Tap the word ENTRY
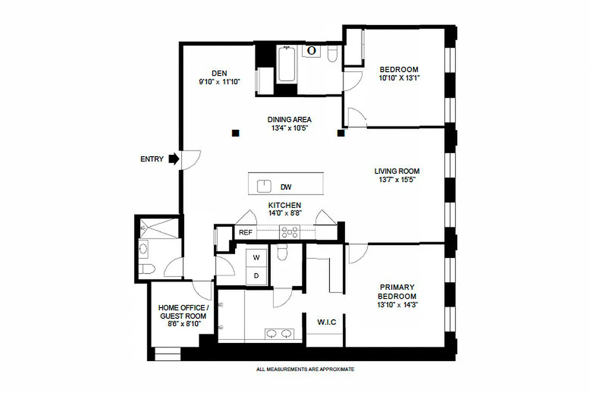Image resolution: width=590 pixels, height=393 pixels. tap(152, 159)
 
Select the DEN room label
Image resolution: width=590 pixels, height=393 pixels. tap(219, 73)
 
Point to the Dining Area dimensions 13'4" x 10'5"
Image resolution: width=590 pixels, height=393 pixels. tap(290, 128)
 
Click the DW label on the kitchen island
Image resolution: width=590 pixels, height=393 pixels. tap(286, 187)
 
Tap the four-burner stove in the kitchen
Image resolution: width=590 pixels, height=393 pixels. tap(290, 232)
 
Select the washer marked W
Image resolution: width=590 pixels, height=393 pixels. tap(256, 257)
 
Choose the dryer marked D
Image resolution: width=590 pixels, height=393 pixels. tap(256, 276)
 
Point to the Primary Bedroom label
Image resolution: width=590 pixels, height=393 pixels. tap(397, 291)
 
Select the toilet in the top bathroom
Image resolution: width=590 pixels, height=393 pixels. tap(332, 55)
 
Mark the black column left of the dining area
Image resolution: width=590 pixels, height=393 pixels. tap(236, 133)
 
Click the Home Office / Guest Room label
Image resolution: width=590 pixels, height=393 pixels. tap(182, 312)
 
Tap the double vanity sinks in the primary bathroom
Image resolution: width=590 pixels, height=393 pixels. tap(278, 334)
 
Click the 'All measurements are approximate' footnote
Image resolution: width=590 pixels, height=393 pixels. tap(305, 369)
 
